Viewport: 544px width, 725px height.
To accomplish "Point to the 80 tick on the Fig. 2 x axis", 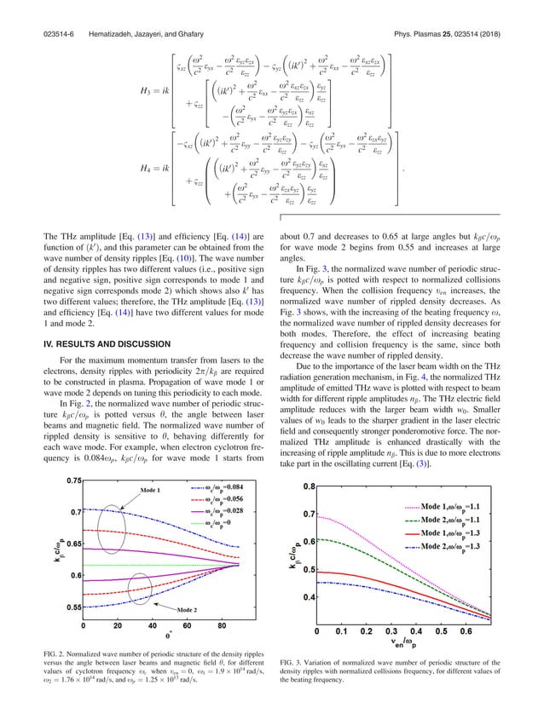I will [x=223, y=626].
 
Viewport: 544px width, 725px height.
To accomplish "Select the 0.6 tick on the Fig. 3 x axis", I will [x=467, y=632].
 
